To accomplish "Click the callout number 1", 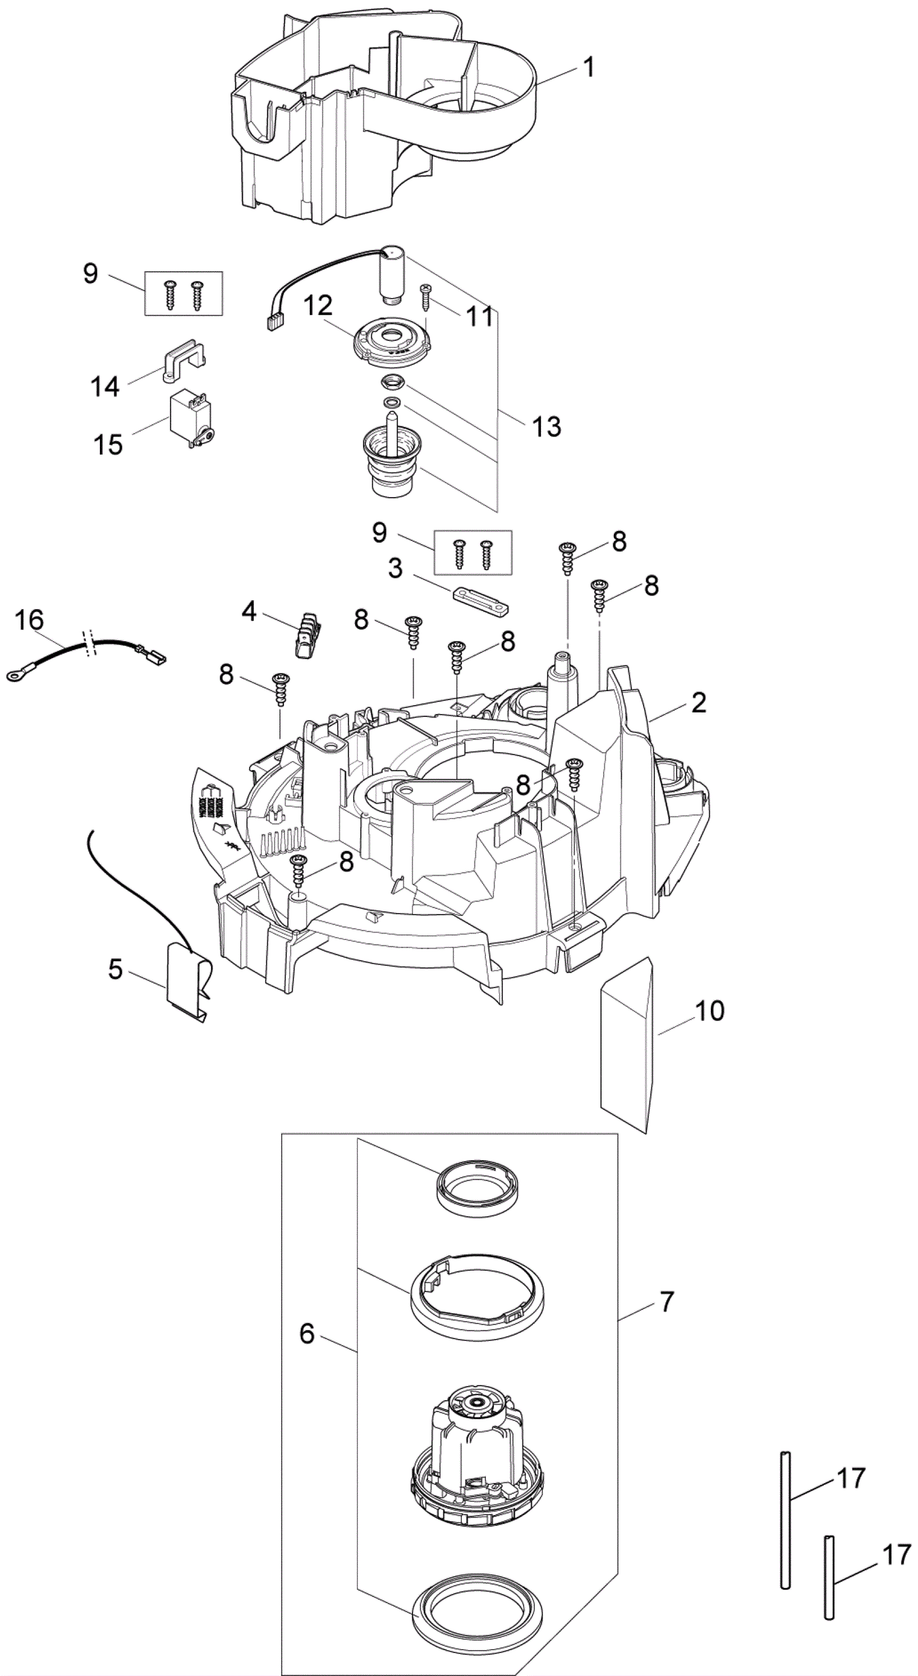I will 589,68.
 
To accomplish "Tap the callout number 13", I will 546,427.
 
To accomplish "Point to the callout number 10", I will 709,1011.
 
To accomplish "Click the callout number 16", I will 29,620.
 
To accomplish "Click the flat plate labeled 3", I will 480,599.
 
